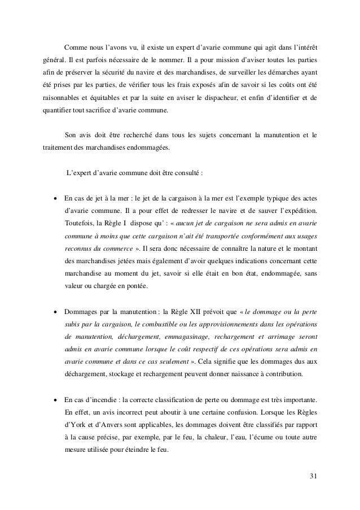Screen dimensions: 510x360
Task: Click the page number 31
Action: click(313, 473)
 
